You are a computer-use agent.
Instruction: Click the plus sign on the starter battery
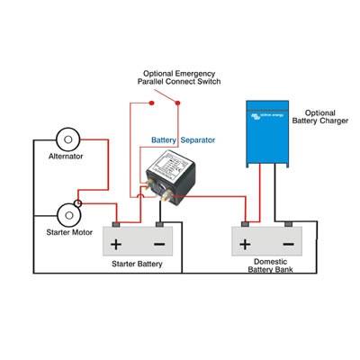click(x=115, y=243)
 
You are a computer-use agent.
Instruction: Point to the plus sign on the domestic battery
click(x=245, y=243)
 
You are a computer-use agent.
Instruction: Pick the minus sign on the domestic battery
click(x=287, y=243)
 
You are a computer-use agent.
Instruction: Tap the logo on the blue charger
click(x=267, y=114)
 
